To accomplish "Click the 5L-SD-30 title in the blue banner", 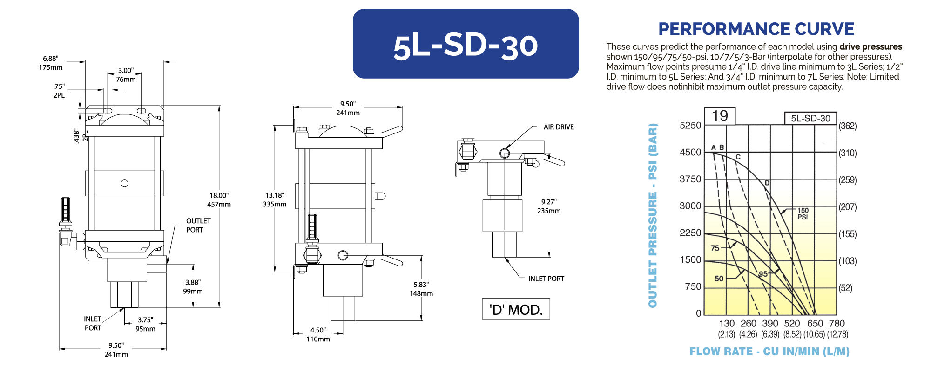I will pyautogui.click(x=465, y=45).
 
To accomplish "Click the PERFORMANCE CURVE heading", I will pyautogui.click(x=756, y=29).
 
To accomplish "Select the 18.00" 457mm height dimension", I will pyautogui.click(x=219, y=200).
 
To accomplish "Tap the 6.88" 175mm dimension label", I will pyautogui.click(x=51, y=63).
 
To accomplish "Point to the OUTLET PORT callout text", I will pyautogui.click(x=198, y=225).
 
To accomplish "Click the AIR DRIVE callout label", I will pyautogui.click(x=559, y=127).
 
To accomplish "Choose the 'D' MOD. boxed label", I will pyautogui.click(x=516, y=309).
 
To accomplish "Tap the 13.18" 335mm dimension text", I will pyautogui.click(x=275, y=200).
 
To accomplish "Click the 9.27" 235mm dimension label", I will pyautogui.click(x=549, y=206).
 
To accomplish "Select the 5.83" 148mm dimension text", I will pyautogui.click(x=421, y=289).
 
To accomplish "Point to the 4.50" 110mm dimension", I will pyautogui.click(x=318, y=334).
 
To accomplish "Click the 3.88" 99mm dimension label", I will pyautogui.click(x=193, y=287).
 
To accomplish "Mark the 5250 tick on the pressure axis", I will pyautogui.click(x=690, y=126).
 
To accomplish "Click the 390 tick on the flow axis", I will pyautogui.click(x=770, y=323).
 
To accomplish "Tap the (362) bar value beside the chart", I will pyautogui.click(x=847, y=126).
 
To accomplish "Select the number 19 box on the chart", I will pyautogui.click(x=720, y=116).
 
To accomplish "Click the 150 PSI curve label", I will pyautogui.click(x=803, y=213).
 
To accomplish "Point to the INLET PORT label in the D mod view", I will pyautogui.click(x=546, y=279).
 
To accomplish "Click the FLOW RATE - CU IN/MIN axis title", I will pyautogui.click(x=769, y=352).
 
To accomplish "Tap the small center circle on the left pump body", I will pyautogui.click(x=124, y=183).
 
